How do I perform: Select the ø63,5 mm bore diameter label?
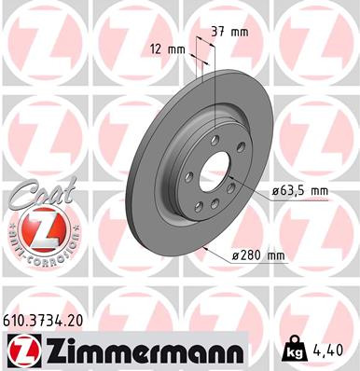click(x=299, y=191)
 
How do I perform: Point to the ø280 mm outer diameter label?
click(x=258, y=254)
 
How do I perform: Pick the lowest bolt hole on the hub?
click(x=213, y=213)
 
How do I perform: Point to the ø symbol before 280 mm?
click(x=229, y=254)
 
